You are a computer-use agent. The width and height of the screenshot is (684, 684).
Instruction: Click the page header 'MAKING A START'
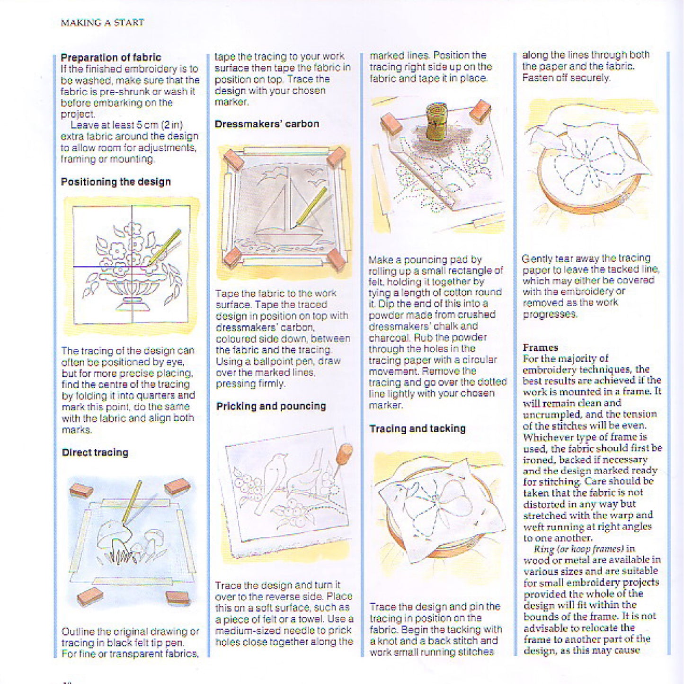click(x=102, y=22)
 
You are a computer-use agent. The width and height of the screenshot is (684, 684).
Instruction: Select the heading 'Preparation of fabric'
click(x=111, y=57)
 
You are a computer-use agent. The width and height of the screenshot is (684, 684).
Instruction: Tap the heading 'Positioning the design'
click(x=115, y=182)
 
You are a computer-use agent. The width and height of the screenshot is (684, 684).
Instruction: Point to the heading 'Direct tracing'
click(x=95, y=452)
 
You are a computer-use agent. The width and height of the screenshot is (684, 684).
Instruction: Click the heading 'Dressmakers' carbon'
click(x=267, y=124)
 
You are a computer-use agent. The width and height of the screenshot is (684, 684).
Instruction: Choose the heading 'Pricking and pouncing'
click(x=271, y=406)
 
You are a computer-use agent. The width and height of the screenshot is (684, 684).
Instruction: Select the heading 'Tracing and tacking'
click(x=418, y=429)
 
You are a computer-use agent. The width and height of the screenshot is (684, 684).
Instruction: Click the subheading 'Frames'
click(x=540, y=347)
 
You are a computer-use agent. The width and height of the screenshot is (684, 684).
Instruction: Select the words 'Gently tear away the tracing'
click(x=586, y=258)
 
